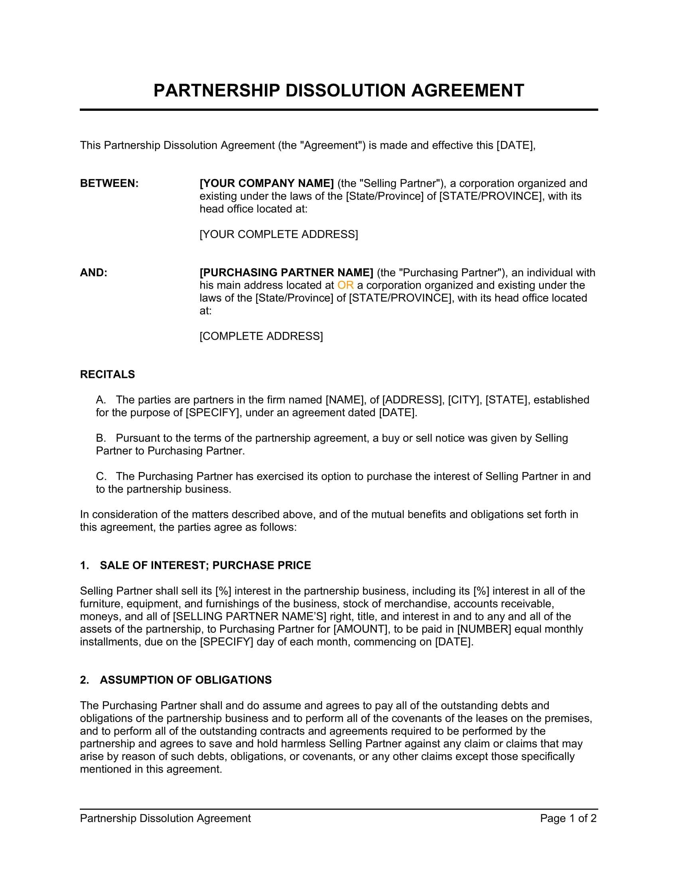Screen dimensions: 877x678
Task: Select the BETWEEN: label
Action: point(109,183)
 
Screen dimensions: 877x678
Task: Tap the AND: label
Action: point(94,273)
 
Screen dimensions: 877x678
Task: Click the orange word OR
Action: point(345,285)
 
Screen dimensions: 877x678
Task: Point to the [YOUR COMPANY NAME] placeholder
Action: point(267,183)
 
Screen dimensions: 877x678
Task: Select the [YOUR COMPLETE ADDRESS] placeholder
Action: point(279,234)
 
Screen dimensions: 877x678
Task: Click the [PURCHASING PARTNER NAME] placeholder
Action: point(286,273)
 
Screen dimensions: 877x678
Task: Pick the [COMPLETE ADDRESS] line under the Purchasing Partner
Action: point(261,336)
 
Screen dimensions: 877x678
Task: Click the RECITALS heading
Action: point(107,374)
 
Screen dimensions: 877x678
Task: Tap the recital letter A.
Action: point(101,400)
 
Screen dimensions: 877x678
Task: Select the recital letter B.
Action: point(101,438)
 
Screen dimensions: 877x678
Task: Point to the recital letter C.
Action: point(101,476)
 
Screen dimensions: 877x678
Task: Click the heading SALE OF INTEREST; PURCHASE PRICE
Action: point(205,565)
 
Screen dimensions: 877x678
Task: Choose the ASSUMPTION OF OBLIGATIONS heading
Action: point(185,680)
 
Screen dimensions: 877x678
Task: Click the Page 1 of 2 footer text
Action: point(568,818)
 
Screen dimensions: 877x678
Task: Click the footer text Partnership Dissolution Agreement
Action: point(165,818)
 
